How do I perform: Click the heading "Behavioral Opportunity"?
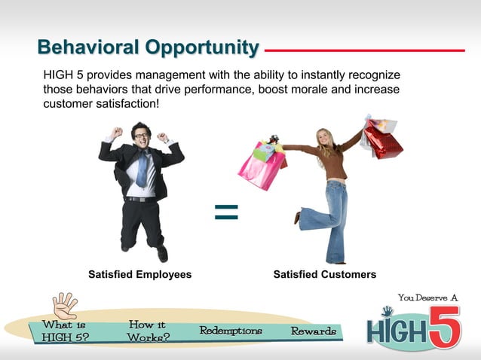(x=148, y=48)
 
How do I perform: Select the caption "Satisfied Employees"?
(x=140, y=275)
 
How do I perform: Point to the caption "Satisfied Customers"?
(x=324, y=275)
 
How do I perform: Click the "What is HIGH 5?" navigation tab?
(x=64, y=331)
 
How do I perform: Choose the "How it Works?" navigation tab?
(x=148, y=331)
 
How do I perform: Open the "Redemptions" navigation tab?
(x=231, y=331)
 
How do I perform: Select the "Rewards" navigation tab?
(x=314, y=331)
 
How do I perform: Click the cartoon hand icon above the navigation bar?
(x=65, y=304)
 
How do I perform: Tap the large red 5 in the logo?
(x=444, y=325)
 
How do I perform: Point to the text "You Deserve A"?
(x=427, y=297)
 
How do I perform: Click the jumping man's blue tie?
(x=142, y=169)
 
